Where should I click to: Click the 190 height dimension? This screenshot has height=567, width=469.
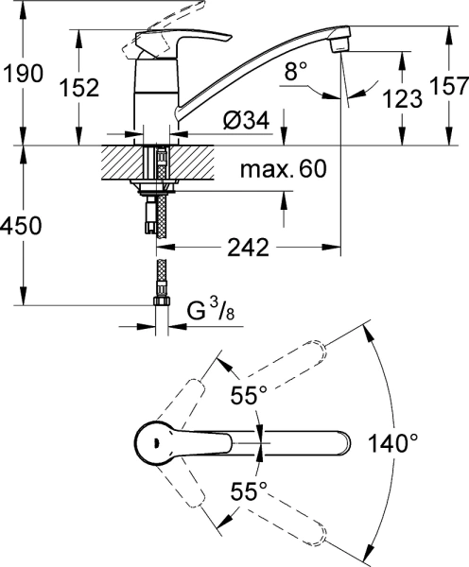[23, 74]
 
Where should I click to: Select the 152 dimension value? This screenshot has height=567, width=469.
[79, 88]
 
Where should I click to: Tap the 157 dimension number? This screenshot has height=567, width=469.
[449, 86]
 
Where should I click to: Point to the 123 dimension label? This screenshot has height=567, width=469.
[403, 98]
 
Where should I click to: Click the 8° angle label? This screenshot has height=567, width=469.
[296, 71]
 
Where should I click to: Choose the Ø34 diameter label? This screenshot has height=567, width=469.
[247, 120]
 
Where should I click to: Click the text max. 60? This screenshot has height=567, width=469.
[284, 168]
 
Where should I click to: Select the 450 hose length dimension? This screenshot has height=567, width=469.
[21, 226]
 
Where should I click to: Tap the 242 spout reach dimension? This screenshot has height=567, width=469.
[249, 248]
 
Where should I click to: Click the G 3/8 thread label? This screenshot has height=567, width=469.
[211, 311]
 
